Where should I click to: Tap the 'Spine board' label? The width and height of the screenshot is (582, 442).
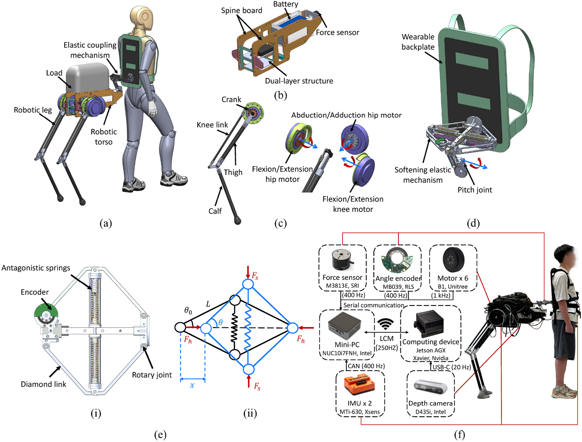(x=241, y=11)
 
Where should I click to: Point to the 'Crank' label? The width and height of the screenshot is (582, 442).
(x=231, y=99)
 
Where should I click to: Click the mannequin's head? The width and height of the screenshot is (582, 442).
(x=142, y=18)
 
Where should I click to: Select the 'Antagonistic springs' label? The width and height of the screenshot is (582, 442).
(x=36, y=268)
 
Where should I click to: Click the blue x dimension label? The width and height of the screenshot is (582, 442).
(x=192, y=385)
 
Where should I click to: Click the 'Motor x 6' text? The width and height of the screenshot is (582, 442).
(x=453, y=278)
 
